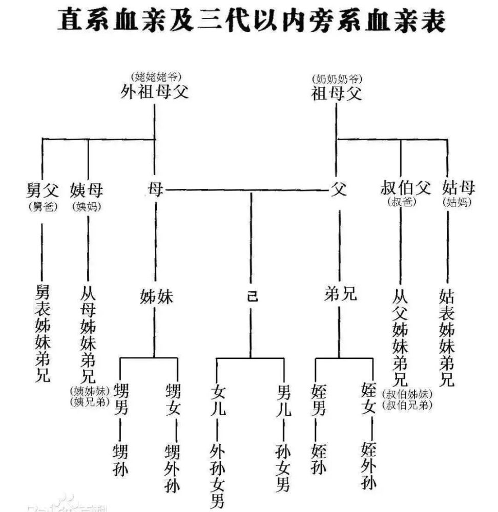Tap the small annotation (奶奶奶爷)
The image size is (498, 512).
[337, 79]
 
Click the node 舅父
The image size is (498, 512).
[43, 190]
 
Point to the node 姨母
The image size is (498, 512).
[87, 190]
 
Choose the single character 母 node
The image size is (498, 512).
[155, 190]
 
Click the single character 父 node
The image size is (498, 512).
[338, 190]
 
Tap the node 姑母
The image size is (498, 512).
[458, 188]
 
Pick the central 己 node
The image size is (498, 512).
[251, 296]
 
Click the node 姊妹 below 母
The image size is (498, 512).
[156, 296]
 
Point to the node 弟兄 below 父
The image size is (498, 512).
[340, 294]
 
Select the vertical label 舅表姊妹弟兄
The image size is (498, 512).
[43, 333]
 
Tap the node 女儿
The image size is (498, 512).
[218, 401]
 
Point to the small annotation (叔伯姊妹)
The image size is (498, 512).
[407, 394]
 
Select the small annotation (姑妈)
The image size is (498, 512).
[457, 202]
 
